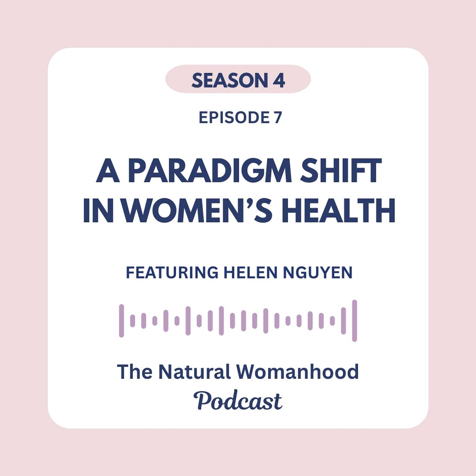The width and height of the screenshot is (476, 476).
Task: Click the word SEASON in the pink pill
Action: coord(230,81)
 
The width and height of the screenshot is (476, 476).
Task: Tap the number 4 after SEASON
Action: coord(279,81)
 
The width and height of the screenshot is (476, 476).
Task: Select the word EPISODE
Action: coord(234,118)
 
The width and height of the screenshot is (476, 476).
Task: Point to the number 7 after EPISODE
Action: coord(278,118)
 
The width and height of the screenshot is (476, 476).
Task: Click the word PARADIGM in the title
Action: coord(210,171)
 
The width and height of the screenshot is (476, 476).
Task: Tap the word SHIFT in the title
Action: coord(340,171)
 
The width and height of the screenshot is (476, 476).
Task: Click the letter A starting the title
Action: coord(108,171)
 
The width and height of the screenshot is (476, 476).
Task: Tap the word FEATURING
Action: coord(172,273)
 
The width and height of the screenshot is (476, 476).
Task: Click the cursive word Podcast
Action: coord(238,401)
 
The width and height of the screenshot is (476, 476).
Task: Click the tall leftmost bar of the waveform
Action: coord(121,321)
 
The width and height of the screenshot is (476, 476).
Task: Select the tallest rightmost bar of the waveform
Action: coord(355,321)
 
